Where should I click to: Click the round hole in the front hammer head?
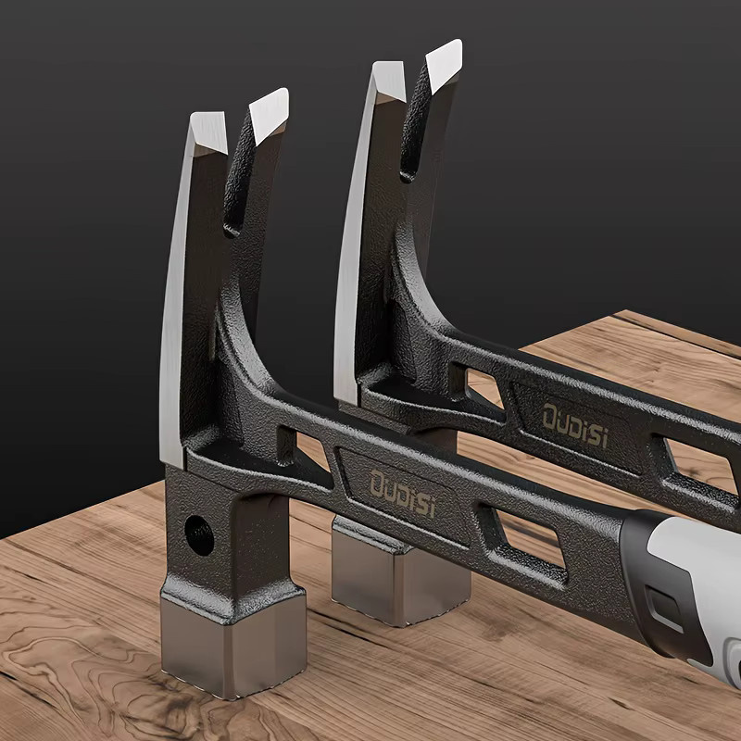[x=199, y=535]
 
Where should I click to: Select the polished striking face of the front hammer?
[x=232, y=645]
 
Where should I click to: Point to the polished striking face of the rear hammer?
[x=401, y=573]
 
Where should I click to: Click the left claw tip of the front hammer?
[x=208, y=132]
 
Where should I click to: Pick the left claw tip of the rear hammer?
[x=389, y=82]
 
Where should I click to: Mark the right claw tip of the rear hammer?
[x=444, y=65]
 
